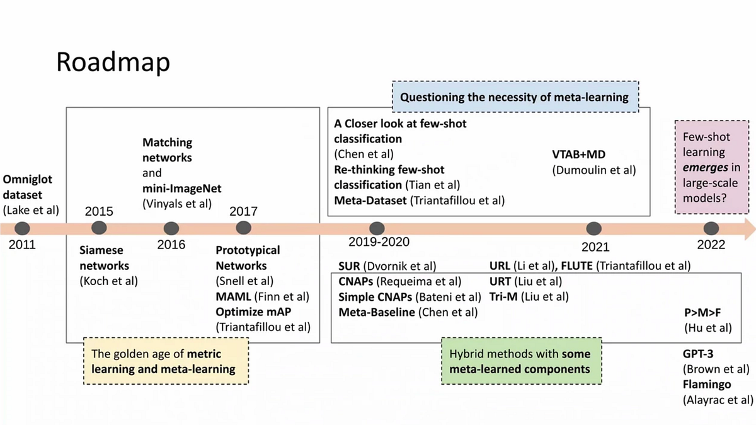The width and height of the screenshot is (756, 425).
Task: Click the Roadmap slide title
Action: tap(113, 62)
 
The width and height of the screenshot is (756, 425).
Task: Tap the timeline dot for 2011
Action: tap(23, 228)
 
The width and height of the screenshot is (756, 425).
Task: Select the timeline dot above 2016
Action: tap(171, 228)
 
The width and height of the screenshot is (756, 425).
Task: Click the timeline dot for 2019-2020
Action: tap(377, 228)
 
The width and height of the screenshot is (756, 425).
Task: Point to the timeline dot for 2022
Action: tap(711, 228)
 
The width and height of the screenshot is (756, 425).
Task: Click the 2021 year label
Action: tap(595, 247)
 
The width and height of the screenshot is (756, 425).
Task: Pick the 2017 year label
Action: tap(243, 211)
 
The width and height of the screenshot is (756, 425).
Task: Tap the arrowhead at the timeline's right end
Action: tap(748, 229)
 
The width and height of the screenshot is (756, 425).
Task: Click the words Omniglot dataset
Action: tap(28, 187)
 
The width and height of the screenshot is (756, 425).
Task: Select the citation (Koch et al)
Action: tap(109, 281)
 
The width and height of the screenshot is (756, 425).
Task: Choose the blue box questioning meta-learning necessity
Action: tap(515, 97)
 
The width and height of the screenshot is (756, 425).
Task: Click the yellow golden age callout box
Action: tap(166, 361)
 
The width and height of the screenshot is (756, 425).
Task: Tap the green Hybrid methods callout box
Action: tap(520, 361)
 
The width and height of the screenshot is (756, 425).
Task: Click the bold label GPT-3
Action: tap(697, 354)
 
